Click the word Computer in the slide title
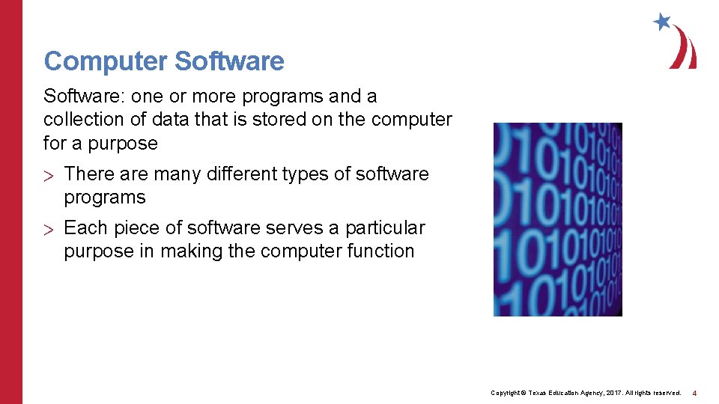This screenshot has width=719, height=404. pos(104,61)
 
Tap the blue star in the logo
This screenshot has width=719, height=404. pos(662,22)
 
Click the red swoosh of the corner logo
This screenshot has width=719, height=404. pos(685,49)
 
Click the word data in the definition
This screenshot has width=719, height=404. pos(169,120)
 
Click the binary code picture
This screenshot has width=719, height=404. pos(557,219)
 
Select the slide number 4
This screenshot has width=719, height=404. pos(694,393)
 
